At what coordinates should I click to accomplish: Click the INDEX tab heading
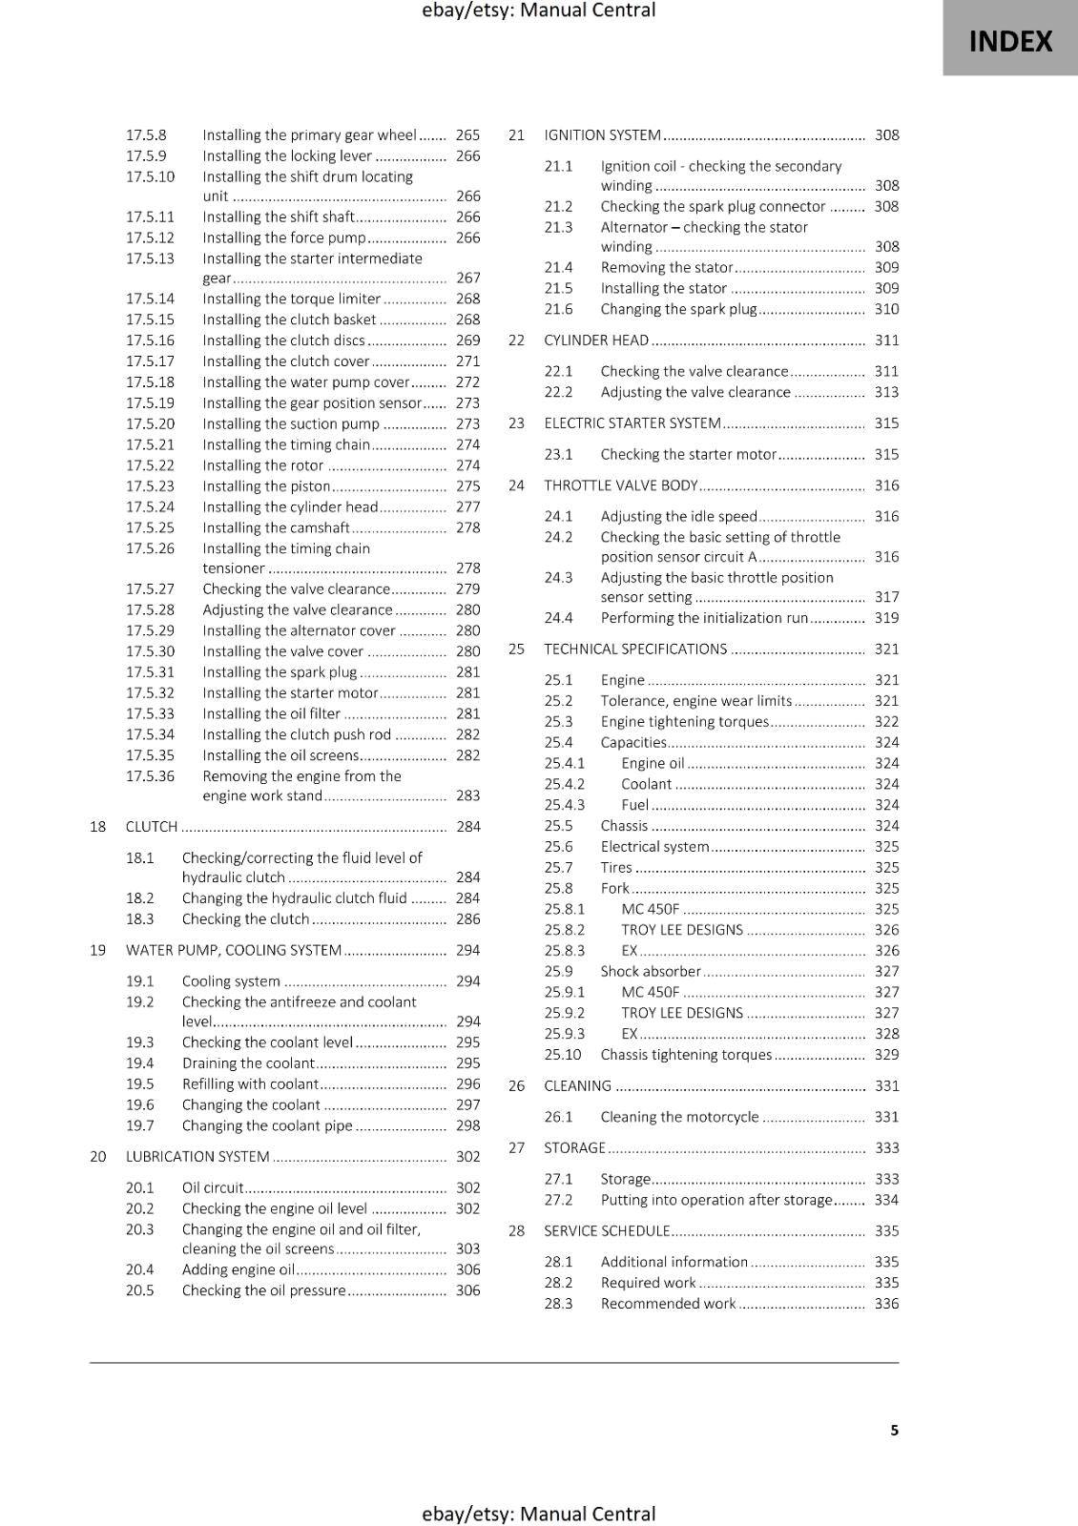point(1010,41)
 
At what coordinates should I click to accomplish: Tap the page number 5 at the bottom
point(894,1430)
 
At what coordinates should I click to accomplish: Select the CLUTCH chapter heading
point(152,827)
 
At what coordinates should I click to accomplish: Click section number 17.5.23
point(150,486)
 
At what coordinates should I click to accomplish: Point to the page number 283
point(467,795)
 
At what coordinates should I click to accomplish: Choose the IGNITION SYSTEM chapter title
point(602,135)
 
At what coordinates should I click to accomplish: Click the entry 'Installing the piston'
point(266,486)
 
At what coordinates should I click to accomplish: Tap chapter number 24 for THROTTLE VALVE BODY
point(516,485)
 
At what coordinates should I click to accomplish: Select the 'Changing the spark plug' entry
point(677,309)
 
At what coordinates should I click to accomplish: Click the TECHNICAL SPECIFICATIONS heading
point(635,650)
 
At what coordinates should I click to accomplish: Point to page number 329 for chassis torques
point(886,1055)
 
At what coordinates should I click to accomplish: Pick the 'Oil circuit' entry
point(213,1188)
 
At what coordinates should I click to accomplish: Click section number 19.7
point(139,1125)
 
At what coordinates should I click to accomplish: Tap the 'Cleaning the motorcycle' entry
point(679,1117)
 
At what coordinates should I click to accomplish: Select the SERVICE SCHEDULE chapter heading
point(607,1231)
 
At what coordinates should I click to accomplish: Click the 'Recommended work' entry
point(668,1304)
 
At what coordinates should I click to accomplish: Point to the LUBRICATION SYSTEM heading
point(197,1157)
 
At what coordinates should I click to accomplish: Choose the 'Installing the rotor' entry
point(262,465)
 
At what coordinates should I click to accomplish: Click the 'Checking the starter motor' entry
point(688,455)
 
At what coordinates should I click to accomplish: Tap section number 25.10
point(563,1055)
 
